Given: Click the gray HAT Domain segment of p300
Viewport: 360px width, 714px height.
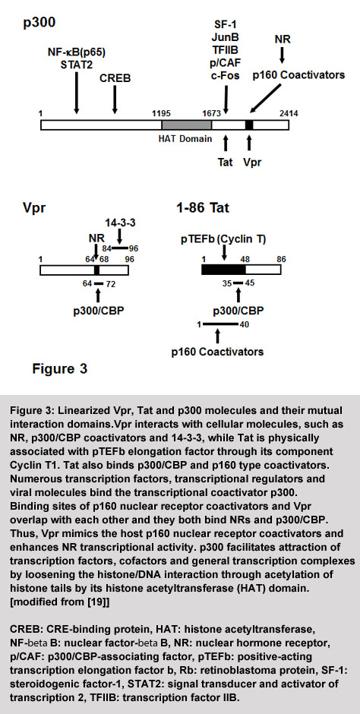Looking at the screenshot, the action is coord(187,125).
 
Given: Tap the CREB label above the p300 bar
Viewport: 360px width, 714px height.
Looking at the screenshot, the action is coord(115,78).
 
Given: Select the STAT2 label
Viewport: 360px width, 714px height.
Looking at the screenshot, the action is coord(77,65).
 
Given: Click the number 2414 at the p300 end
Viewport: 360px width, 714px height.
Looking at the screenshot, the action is coord(289,114).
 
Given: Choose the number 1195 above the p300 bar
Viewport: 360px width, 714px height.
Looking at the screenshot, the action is coord(163,114).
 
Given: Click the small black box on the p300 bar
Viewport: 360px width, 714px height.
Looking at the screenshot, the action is coord(249,125).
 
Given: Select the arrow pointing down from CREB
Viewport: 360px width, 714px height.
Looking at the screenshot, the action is coord(115,99).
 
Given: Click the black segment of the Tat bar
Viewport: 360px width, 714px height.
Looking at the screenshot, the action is coord(223,270).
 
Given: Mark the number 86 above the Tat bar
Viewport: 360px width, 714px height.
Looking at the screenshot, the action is coord(281,258).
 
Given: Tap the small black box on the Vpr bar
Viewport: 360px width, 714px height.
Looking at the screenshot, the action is coord(96,270).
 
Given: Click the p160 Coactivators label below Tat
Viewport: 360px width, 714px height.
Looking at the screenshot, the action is coord(217,352).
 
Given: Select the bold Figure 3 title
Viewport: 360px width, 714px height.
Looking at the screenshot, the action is coord(60,368).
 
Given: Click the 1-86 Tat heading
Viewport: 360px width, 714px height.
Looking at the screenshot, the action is coord(203,209).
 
